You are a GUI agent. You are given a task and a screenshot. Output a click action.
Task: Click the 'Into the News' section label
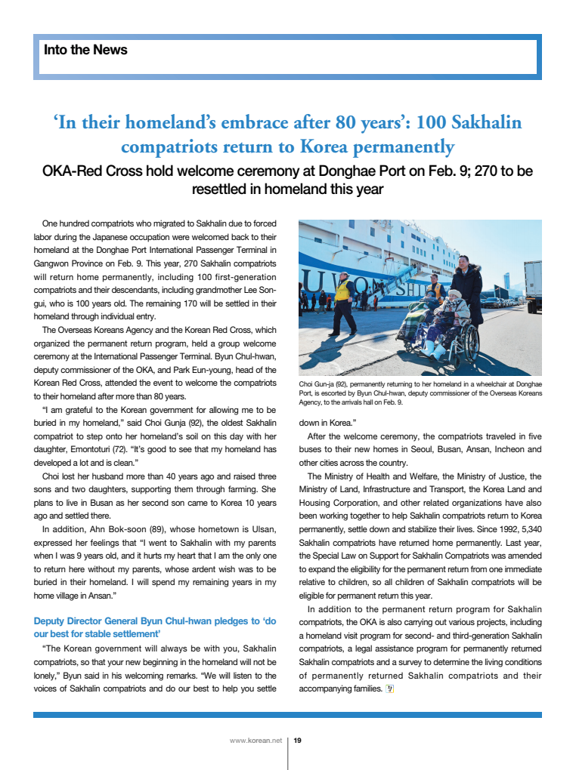[85, 51]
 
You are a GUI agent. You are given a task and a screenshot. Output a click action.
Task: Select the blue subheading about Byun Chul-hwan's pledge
[154, 627]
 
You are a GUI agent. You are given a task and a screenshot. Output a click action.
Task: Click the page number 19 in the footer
[298, 741]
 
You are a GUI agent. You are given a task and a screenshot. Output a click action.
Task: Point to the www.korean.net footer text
[255, 741]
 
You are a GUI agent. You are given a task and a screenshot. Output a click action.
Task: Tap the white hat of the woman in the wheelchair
[454, 294]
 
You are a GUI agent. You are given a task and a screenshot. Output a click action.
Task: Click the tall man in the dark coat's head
[462, 262]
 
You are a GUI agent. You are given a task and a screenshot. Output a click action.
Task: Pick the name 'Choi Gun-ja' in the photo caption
[318, 384]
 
